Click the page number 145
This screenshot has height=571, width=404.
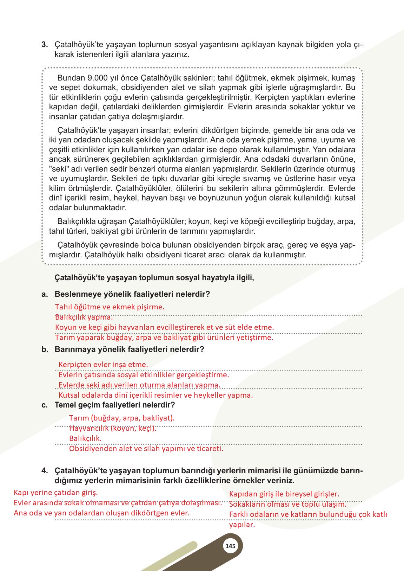click(x=230, y=546)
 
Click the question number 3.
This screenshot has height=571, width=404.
click(x=45, y=45)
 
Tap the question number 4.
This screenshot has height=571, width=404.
click(x=45, y=470)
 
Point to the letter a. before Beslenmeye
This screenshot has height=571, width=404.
click(x=45, y=294)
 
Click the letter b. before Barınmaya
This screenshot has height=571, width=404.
click(x=45, y=349)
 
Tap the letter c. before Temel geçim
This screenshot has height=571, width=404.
click(x=45, y=405)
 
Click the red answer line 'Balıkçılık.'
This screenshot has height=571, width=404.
click(x=85, y=438)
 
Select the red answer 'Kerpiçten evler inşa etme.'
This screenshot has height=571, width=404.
click(x=103, y=364)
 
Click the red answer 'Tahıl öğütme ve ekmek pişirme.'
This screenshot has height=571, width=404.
click(x=110, y=307)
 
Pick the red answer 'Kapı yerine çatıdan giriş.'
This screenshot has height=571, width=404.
click(x=55, y=492)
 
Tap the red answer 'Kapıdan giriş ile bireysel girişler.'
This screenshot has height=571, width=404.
click(x=284, y=494)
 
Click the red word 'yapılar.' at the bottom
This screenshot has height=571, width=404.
click(x=242, y=525)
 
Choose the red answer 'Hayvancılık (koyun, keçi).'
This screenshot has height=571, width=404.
click(x=113, y=428)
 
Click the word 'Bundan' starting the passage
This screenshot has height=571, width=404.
click(x=69, y=78)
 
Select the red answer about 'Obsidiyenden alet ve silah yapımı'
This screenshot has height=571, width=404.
click(x=146, y=449)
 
